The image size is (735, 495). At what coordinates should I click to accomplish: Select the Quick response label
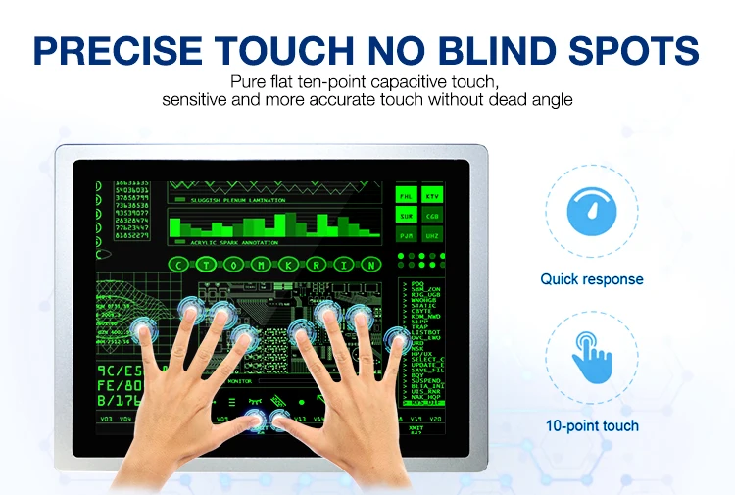tap(592, 279)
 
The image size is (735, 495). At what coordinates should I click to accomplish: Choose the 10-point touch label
tap(592, 425)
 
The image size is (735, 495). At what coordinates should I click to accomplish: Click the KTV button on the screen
tap(432, 196)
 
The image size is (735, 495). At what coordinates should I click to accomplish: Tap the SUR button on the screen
tap(407, 216)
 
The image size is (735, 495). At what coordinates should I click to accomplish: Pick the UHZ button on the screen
tap(432, 235)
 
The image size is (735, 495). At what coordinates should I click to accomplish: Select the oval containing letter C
tap(178, 265)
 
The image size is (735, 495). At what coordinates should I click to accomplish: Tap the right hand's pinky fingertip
tap(397, 338)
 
